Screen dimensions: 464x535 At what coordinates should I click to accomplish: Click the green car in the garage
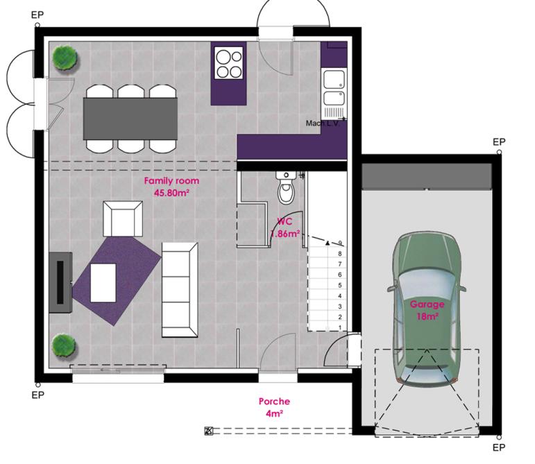coord(426,309)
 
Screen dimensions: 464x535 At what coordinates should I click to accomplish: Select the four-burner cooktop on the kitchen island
coord(229,63)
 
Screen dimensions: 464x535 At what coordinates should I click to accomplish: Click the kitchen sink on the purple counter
coord(334,87)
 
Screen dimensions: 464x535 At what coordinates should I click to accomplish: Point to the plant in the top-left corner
coord(65,56)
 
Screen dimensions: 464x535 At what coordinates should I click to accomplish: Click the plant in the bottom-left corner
coord(63,345)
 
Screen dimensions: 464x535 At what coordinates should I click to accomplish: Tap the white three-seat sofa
coord(180,287)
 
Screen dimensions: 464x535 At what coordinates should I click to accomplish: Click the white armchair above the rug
coord(122,218)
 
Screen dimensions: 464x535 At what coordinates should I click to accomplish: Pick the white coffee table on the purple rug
coord(103,283)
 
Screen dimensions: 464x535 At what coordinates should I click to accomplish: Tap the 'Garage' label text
coord(426,304)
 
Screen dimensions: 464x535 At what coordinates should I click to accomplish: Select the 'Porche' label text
coord(274,401)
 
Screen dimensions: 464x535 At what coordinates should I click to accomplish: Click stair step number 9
coord(340,243)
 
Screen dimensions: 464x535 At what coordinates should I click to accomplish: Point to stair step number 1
coord(340,327)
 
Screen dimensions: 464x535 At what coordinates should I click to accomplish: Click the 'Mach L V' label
coord(322,123)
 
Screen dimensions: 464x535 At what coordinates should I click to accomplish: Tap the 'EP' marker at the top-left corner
coord(37,15)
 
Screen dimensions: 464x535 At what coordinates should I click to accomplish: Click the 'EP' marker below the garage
coord(498,447)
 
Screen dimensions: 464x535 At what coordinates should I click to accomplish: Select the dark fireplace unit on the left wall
coord(60,283)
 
